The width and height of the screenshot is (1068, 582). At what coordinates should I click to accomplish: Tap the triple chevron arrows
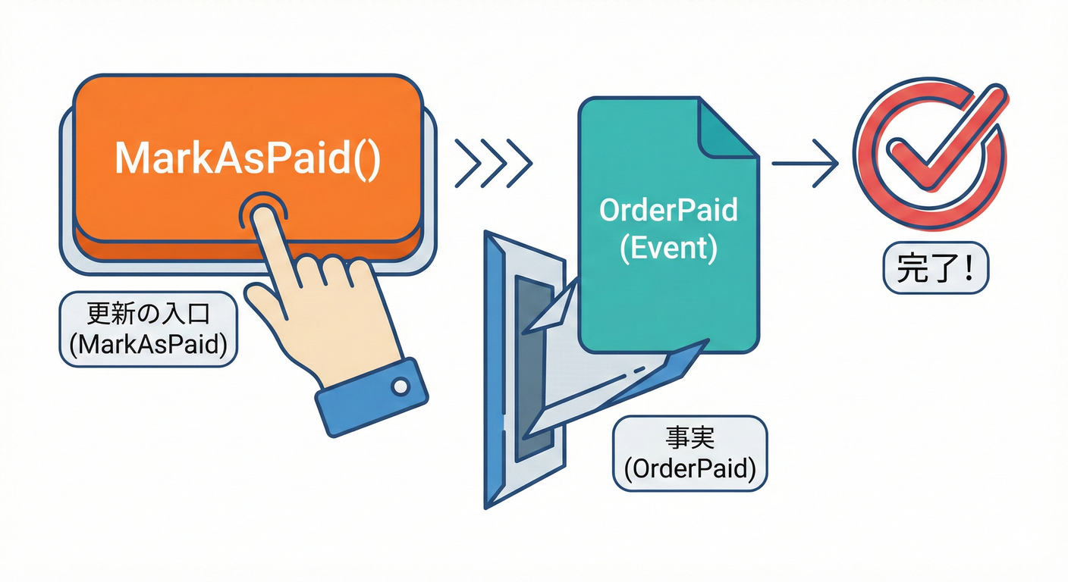(x=493, y=162)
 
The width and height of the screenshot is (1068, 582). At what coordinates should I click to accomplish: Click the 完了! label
(x=935, y=271)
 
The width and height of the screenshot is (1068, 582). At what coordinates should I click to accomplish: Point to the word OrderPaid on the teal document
(x=668, y=210)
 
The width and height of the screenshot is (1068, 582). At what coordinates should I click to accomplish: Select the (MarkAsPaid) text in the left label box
(x=147, y=345)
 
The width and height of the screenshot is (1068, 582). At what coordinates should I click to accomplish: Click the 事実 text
(x=689, y=439)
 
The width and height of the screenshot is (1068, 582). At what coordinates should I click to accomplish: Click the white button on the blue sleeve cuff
(x=400, y=387)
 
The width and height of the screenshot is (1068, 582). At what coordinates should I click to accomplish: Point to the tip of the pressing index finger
(x=262, y=215)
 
